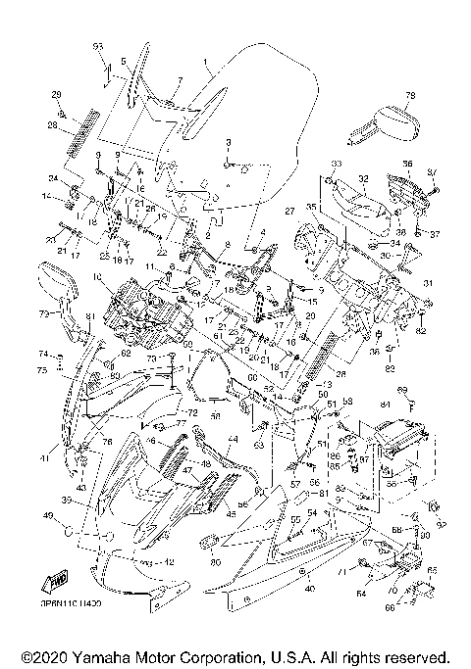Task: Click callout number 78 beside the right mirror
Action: [x=410, y=95]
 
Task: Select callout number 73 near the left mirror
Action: [x=44, y=314]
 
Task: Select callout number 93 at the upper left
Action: [x=98, y=47]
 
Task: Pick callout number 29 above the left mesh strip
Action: [x=57, y=93]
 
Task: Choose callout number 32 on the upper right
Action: [x=362, y=179]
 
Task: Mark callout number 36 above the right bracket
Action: [x=407, y=163]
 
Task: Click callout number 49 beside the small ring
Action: [x=47, y=514]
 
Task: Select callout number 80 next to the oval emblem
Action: [x=215, y=562]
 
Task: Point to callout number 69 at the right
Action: [x=414, y=390]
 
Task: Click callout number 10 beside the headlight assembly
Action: [x=97, y=276]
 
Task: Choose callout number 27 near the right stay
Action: [x=289, y=211]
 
